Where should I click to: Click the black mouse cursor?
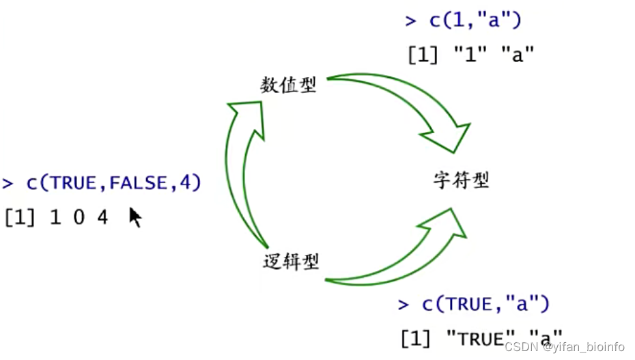click(135, 217)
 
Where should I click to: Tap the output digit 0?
click(79, 218)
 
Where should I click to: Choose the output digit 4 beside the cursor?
click(102, 218)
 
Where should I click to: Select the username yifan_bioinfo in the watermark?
click(588, 347)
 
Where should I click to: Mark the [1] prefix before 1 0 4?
click(19, 218)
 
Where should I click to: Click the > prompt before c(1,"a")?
click(410, 20)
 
